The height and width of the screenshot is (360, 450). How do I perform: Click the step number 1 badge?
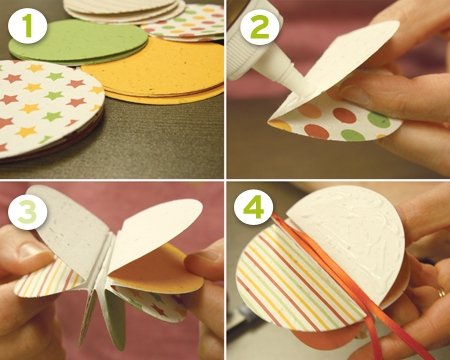pyautogui.click(x=28, y=26)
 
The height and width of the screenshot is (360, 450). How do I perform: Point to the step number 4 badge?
pyautogui.click(x=254, y=207)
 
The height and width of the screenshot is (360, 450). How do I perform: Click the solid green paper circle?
pyautogui.click(x=78, y=42)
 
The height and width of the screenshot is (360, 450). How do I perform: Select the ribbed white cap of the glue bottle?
pyautogui.click(x=243, y=50)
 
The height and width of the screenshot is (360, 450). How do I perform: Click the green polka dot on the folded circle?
pyautogui.click(x=379, y=120)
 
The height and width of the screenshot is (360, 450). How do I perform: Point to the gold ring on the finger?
pyautogui.click(x=441, y=292)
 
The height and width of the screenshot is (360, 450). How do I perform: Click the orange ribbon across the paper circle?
pyautogui.click(x=337, y=283)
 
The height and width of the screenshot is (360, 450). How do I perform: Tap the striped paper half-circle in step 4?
pyautogui.click(x=293, y=280)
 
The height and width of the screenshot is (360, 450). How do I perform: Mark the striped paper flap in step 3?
pyautogui.click(x=50, y=278)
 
